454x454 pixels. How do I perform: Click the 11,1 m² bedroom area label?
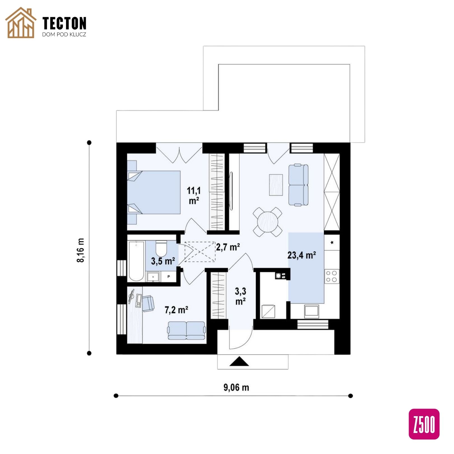pyautogui.click(x=194, y=196)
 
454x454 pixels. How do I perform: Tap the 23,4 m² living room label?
pyautogui.click(x=302, y=255)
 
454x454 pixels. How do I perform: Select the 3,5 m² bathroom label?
pyautogui.click(x=163, y=261)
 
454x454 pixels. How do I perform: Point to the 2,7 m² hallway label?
pyautogui.click(x=228, y=247)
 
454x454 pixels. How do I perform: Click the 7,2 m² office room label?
pyautogui.click(x=176, y=310)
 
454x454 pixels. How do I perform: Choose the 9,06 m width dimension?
pyautogui.click(x=236, y=387)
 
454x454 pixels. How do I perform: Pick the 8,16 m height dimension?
pyautogui.click(x=80, y=250)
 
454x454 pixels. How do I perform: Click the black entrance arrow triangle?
pyautogui.click(x=239, y=361)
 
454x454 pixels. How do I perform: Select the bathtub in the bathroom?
pyautogui.click(x=136, y=261)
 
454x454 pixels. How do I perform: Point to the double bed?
pyautogui.click(x=154, y=192)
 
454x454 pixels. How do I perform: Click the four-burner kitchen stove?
pyautogui.click(x=332, y=276)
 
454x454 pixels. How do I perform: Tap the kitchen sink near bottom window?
pyautogui.click(x=312, y=311)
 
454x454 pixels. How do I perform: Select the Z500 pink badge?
pyautogui.click(x=424, y=424)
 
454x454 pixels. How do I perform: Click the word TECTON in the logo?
pyautogui.click(x=64, y=23)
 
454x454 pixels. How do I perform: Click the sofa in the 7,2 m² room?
pyautogui.click(x=186, y=331)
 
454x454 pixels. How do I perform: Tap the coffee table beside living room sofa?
pyautogui.click(x=276, y=185)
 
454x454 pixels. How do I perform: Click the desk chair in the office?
pyautogui.click(x=148, y=303)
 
